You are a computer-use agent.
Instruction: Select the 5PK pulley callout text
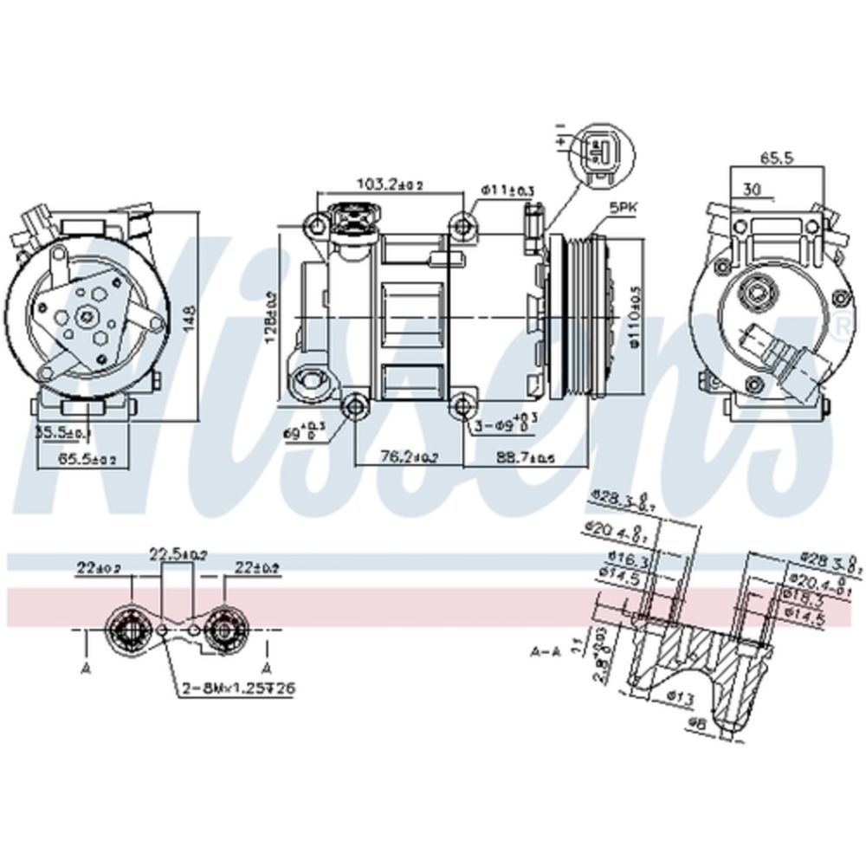pyautogui.click(x=622, y=208)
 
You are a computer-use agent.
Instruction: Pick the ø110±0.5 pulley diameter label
pyautogui.click(x=635, y=317)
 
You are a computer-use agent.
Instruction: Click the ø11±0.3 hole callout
pyautogui.click(x=507, y=189)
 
